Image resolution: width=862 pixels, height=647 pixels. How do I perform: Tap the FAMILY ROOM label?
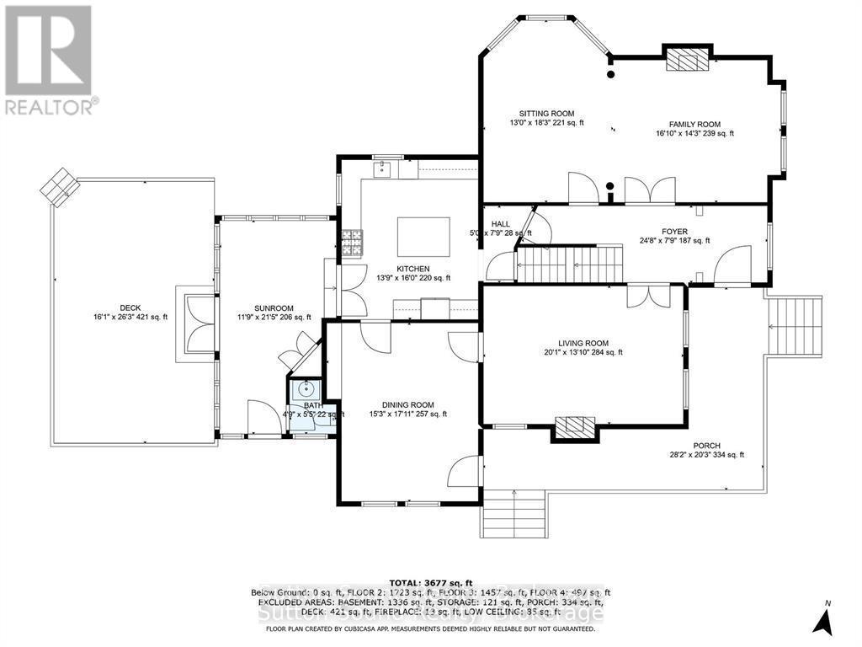694,124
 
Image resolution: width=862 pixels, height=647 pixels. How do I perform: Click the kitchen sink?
383,170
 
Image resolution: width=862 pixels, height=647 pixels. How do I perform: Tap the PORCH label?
706,446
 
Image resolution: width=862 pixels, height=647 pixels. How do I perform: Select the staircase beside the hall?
568,265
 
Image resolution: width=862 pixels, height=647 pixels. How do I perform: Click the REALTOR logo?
49,59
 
